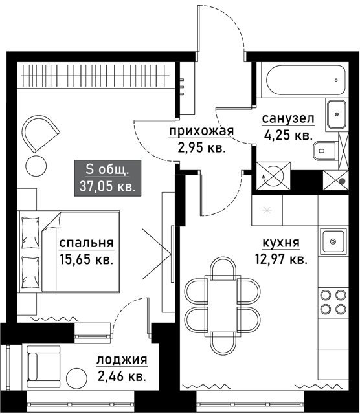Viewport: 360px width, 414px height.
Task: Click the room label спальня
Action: click(x=86, y=243)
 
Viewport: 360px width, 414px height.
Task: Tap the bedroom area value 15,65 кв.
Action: click(x=86, y=259)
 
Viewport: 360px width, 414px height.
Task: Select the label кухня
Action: click(x=281, y=243)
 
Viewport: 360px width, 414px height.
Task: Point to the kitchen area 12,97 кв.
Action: click(x=281, y=259)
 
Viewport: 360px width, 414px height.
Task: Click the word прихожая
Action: click(x=201, y=131)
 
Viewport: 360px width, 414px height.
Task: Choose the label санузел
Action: click(x=288, y=119)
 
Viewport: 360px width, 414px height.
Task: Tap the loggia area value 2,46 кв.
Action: click(x=122, y=376)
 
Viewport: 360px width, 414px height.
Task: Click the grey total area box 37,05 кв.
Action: click(x=107, y=179)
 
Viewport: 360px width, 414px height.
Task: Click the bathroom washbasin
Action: click(x=336, y=114)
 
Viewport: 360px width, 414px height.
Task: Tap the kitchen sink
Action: click(x=333, y=241)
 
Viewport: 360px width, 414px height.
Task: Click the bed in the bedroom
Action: click(x=69, y=252)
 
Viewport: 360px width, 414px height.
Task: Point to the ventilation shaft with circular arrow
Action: click(x=274, y=176)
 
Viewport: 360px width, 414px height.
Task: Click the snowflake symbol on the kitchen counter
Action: click(x=267, y=210)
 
